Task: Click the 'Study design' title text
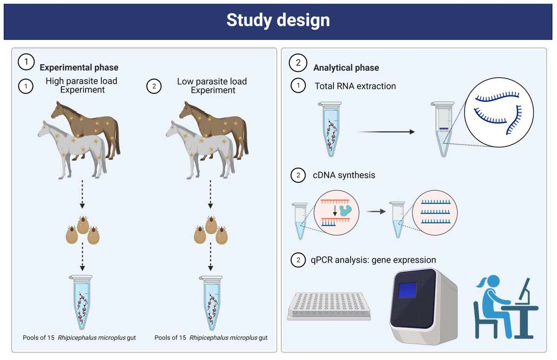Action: [x=278, y=20]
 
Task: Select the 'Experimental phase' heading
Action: [x=79, y=67]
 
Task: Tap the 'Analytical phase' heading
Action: [x=346, y=68]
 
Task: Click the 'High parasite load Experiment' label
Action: [x=81, y=86]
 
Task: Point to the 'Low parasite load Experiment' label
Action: [x=212, y=86]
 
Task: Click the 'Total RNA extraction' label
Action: [x=355, y=86]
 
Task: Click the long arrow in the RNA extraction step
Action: [x=385, y=132]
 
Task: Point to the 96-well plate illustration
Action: [x=329, y=305]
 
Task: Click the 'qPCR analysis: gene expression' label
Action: [x=373, y=260]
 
